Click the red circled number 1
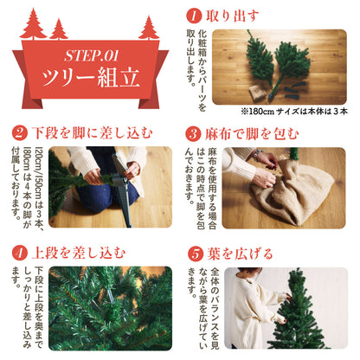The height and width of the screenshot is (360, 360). point(194,16)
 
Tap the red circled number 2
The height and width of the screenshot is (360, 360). point(20,133)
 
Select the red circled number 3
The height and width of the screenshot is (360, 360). point(193,134)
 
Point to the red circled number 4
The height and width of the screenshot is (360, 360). point(20,254)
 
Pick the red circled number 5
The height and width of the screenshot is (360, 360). point(196,254)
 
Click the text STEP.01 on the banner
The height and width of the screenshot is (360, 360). point(91,55)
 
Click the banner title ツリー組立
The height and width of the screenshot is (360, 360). point(91,77)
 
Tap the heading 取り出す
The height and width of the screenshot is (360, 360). point(232,16)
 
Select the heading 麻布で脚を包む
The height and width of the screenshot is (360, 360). point(252,134)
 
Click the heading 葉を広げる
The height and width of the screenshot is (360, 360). point(240,254)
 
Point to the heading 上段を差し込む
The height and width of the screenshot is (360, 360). point(79,254)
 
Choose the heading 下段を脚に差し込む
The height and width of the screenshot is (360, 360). point(93,133)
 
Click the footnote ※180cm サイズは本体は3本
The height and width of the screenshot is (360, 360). point(294,111)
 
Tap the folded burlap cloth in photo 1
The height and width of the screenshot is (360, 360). point(256,92)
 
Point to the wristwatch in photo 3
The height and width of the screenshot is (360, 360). point(257,154)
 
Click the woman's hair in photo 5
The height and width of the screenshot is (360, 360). point(249,272)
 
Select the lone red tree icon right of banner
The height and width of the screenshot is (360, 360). point(149,28)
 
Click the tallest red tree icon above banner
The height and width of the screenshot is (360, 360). point(34,24)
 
